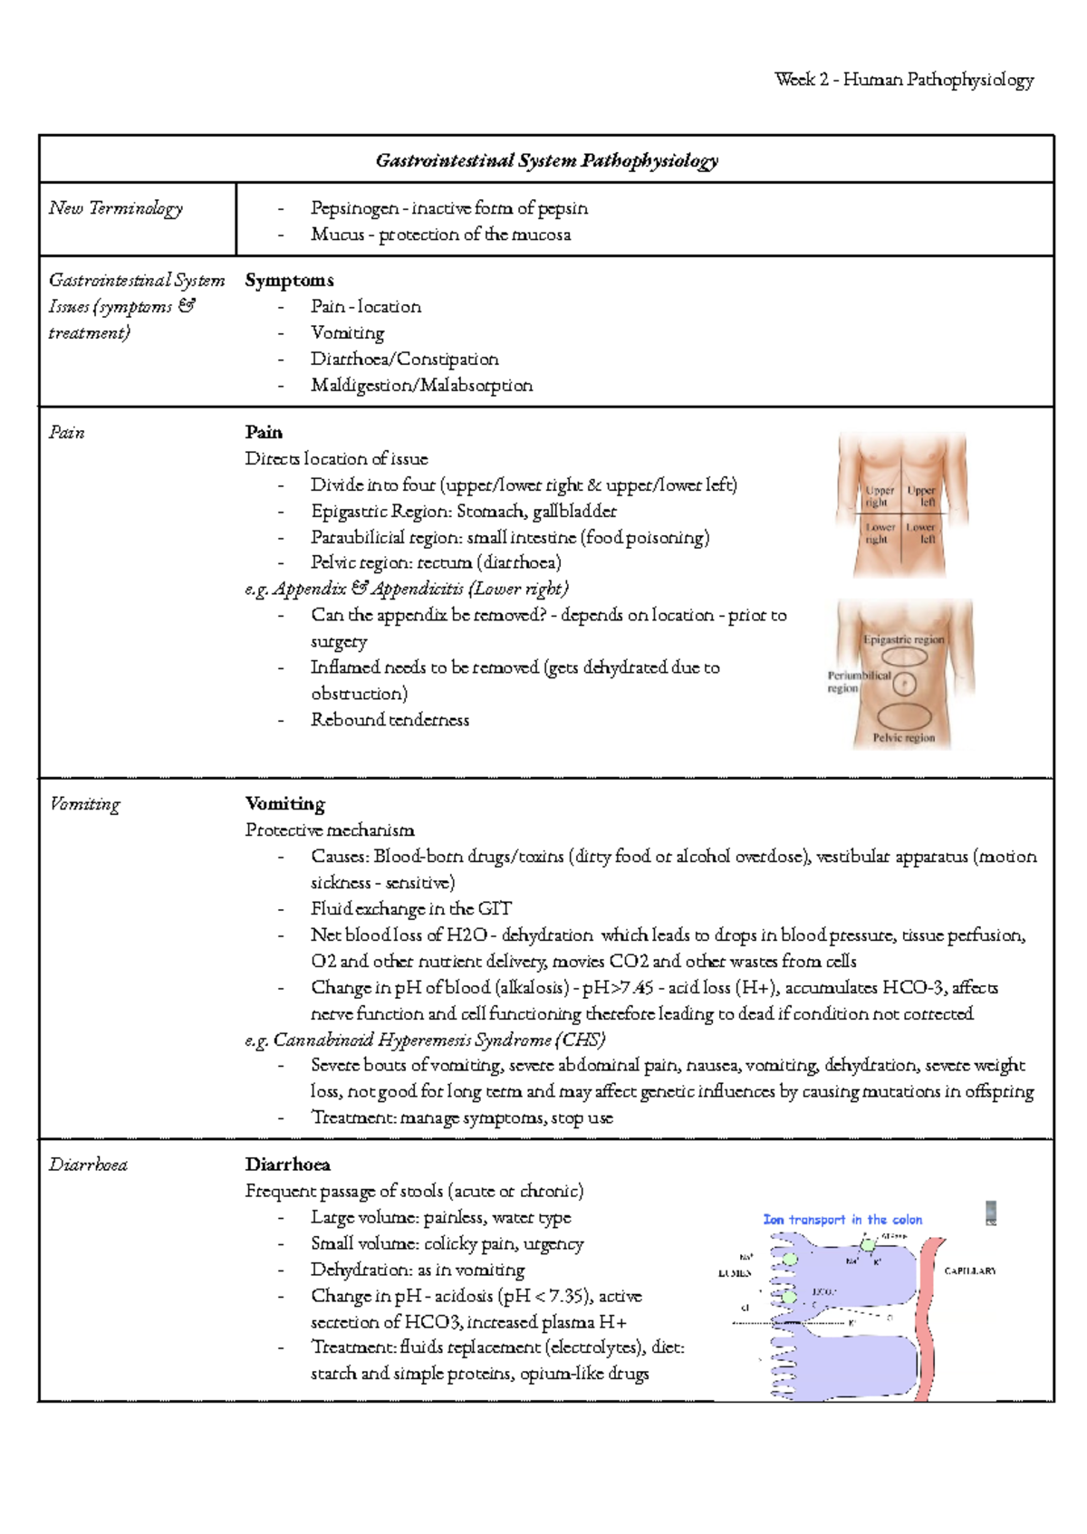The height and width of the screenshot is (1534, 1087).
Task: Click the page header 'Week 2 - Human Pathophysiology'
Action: tap(904, 80)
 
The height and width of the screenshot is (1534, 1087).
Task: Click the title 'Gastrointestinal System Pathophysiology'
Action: tap(546, 161)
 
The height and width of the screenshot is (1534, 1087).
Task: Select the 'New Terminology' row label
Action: tap(116, 208)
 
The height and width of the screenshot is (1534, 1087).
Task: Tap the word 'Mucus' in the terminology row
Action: tap(337, 235)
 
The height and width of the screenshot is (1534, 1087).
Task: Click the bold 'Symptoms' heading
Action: tap(289, 281)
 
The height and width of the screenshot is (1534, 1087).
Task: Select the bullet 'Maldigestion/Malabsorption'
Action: tap(421, 386)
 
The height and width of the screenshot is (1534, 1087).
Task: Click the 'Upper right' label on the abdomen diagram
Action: tap(879, 496)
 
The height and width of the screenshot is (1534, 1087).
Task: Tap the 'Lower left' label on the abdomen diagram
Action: tap(921, 532)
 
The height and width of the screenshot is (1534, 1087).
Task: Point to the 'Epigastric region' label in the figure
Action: tap(903, 639)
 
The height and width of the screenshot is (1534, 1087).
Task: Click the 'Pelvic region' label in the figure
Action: tap(903, 738)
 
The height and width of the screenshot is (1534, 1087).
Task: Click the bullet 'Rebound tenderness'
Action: tap(390, 720)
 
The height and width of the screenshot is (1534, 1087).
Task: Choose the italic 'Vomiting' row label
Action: tap(84, 804)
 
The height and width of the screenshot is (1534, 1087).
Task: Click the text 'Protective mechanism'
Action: tap(330, 830)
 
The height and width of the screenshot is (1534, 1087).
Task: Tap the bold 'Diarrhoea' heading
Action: tap(287, 1165)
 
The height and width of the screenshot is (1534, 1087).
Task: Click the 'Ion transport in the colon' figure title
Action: tap(842, 1220)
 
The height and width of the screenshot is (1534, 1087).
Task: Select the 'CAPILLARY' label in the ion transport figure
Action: tap(969, 1270)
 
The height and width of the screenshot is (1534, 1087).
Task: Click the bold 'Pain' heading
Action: tap(264, 433)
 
